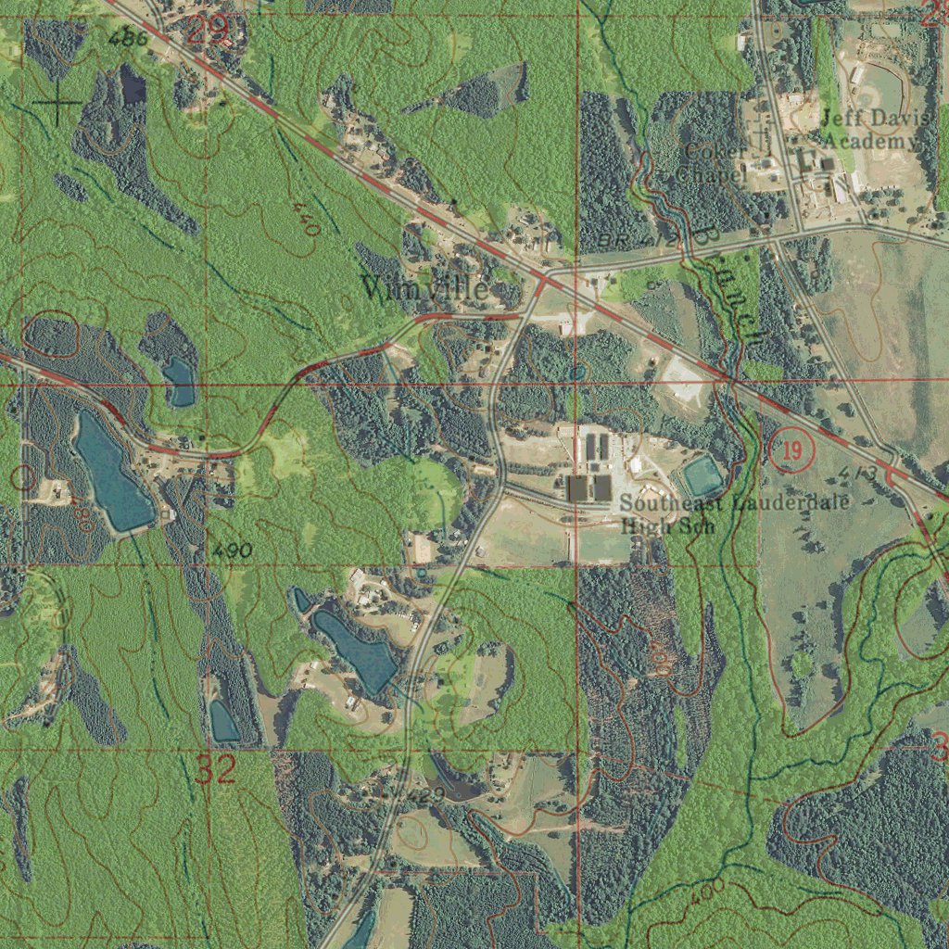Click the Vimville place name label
[x=425, y=288]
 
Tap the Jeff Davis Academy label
[x=869, y=131]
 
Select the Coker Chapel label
[x=712, y=163]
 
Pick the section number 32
[x=215, y=770]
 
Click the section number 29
[x=208, y=31]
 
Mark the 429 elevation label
[x=425, y=795]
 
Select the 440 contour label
[x=304, y=219]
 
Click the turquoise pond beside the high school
[x=703, y=476]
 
